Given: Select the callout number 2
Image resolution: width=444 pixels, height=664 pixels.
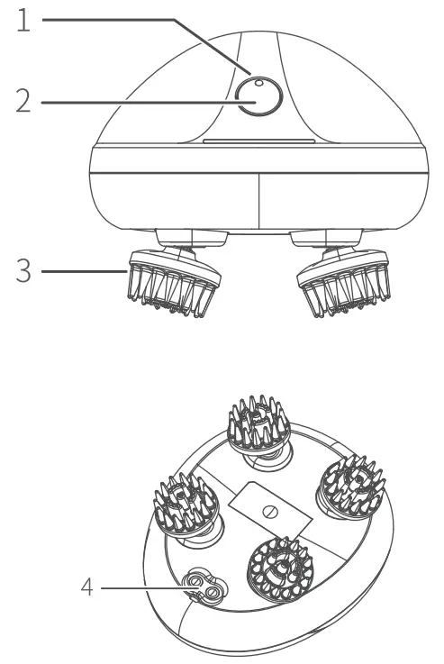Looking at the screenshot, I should coord(24,102).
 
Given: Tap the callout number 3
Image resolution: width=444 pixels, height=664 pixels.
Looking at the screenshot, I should coord(24,270).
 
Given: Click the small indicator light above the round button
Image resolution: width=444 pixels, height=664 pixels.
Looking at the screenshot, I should coord(258,84).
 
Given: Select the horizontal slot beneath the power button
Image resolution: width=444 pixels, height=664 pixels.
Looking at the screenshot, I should coord(258,142).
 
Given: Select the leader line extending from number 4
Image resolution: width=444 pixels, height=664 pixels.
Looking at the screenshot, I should coord(144,590).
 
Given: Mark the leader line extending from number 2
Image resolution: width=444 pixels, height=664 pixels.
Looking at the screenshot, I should coord(135,102).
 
